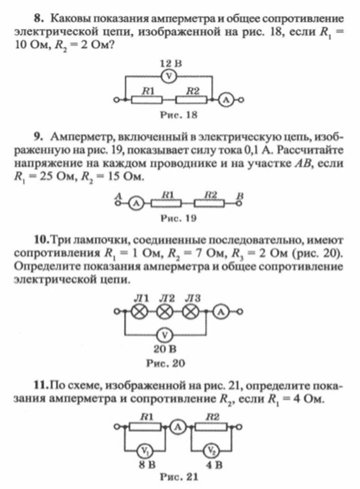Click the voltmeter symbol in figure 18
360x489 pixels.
pos(169,76)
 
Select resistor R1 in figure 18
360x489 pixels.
pos(147,100)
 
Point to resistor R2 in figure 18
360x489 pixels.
pos(191,100)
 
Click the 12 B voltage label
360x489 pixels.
pos(171,64)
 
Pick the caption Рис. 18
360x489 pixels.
pos(179,115)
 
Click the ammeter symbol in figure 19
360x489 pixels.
pos(135,204)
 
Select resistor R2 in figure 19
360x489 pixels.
pos(209,204)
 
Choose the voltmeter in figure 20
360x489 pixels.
pos(165,336)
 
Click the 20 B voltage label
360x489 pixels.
pos(165,349)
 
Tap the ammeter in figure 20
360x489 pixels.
pos(221,311)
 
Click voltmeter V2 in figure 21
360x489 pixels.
pos(212,451)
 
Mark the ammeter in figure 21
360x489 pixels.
pos(178,427)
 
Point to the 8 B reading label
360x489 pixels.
pos(147,465)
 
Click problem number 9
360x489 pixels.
pos(38,137)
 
